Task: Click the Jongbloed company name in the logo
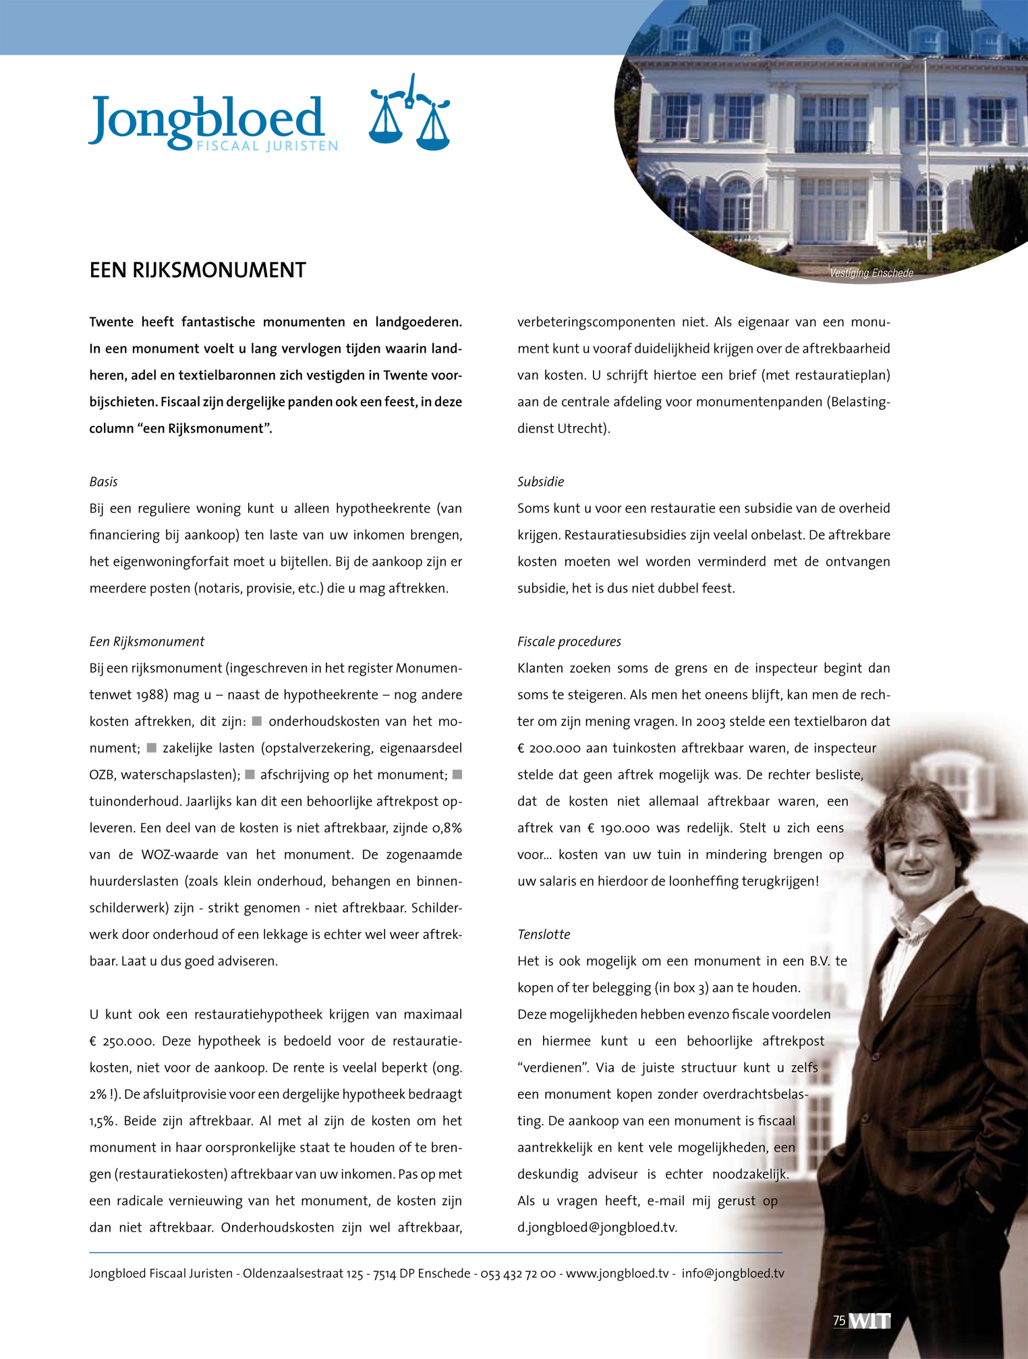[x=206, y=118]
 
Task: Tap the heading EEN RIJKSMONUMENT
[x=198, y=270]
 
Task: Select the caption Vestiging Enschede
[x=871, y=273]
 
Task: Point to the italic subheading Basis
[x=103, y=482]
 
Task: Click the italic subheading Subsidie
[x=540, y=482]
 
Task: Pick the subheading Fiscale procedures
[x=569, y=642]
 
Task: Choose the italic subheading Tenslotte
[x=543, y=934]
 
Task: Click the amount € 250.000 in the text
[x=121, y=1041]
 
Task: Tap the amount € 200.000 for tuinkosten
[x=548, y=748]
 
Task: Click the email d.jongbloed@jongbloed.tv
[x=597, y=1228]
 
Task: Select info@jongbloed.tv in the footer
[x=733, y=1273]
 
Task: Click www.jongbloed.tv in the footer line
[x=617, y=1273]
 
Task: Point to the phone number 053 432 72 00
[x=517, y=1273]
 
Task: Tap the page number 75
[x=839, y=1321]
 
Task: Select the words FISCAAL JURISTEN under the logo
[x=267, y=146]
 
